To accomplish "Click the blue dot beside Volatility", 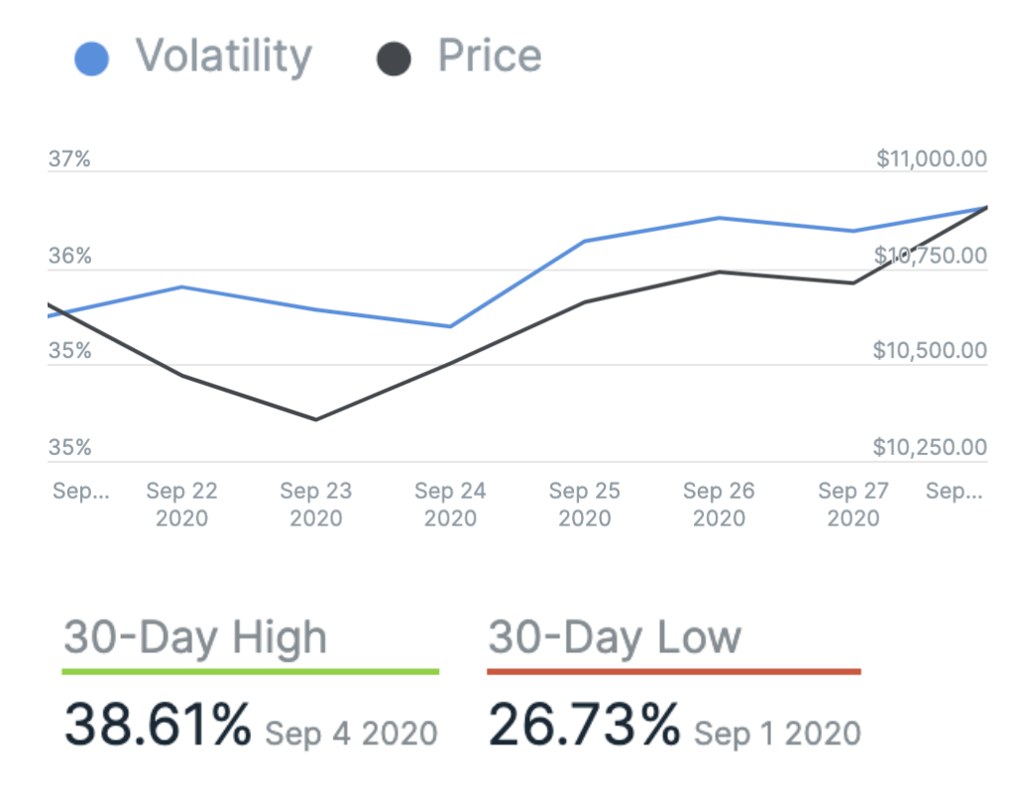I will click(x=91, y=59).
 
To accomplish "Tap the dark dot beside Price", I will click(x=394, y=59).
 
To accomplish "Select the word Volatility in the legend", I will click(x=223, y=57).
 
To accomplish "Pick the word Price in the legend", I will click(x=490, y=57).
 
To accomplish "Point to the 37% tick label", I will click(x=69, y=159).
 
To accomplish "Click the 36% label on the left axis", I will click(x=69, y=257).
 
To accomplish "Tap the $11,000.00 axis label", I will click(x=932, y=159).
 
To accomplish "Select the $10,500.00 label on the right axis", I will click(x=930, y=351).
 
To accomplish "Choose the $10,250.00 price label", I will click(x=930, y=448).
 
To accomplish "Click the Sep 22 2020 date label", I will click(x=181, y=504).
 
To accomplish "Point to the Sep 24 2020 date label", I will click(x=450, y=504).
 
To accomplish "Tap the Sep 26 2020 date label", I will click(x=719, y=504).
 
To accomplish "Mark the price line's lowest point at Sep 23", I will click(x=316, y=419).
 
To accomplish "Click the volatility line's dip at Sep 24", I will click(x=450, y=326).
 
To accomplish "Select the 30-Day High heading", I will click(x=195, y=637).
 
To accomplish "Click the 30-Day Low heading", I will click(x=615, y=637).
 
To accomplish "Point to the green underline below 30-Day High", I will click(x=250, y=672).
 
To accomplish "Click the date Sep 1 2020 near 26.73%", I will click(x=777, y=734).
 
